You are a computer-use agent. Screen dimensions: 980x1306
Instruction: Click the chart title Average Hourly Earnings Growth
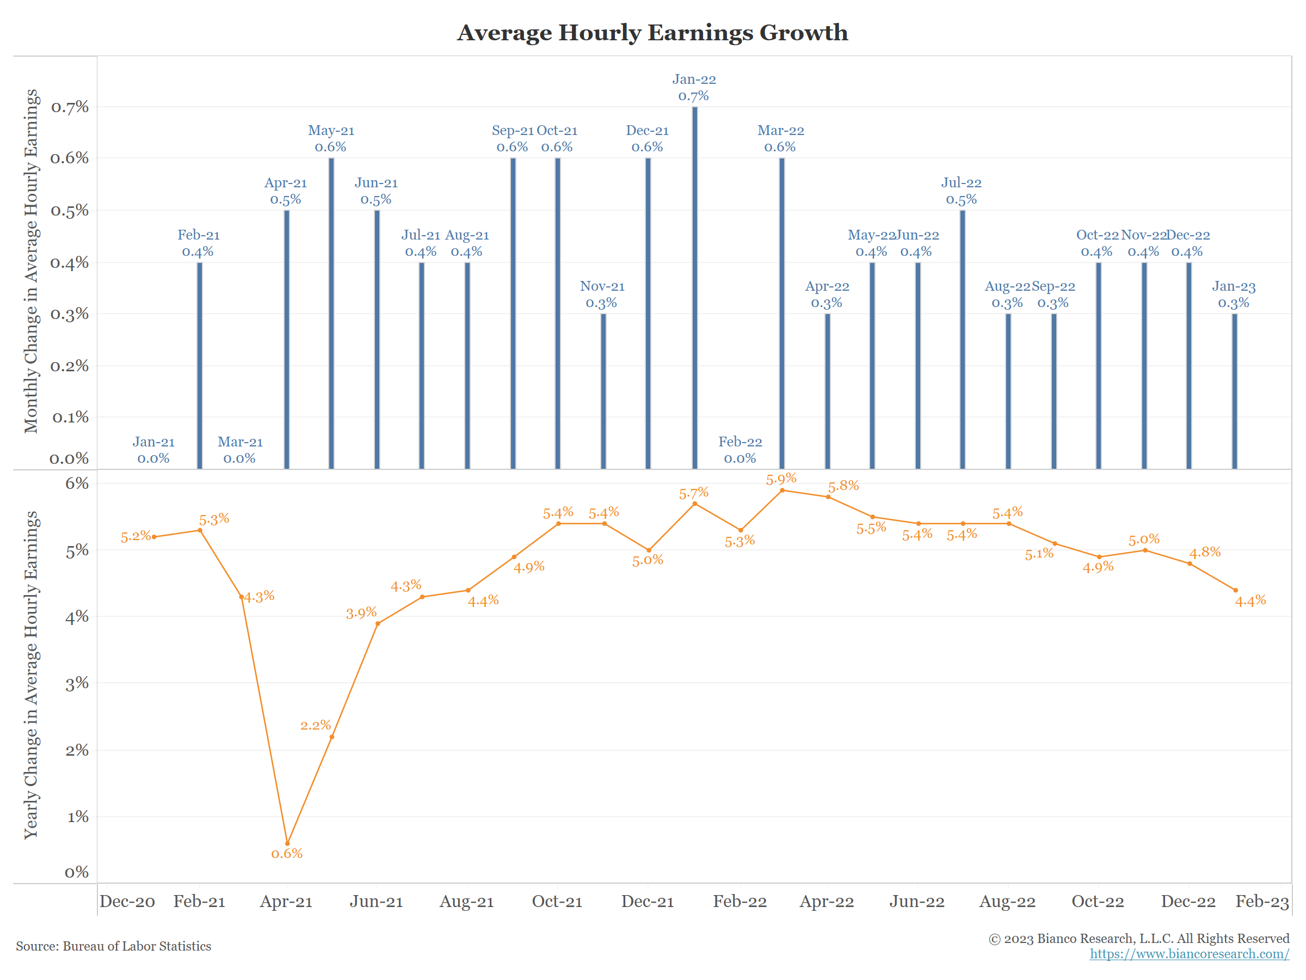coord(652,33)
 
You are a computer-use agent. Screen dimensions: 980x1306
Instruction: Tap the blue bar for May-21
coord(331,313)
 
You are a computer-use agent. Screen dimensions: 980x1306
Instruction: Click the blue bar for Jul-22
coord(963,340)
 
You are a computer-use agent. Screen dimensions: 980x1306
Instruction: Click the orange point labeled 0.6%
coord(287,843)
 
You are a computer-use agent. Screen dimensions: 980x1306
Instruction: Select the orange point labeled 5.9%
coord(783,491)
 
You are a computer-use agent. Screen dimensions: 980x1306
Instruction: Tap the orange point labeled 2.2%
coord(332,737)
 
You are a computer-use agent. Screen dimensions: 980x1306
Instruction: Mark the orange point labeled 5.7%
coord(695,504)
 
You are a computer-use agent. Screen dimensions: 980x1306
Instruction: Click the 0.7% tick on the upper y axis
coord(70,107)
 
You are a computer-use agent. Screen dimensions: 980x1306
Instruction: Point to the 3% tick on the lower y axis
coord(77,683)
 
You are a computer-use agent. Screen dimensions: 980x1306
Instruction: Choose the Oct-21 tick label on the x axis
coord(557,902)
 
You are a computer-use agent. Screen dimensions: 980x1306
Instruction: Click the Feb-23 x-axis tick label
coord(1262,902)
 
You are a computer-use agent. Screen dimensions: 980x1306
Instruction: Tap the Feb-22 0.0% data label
coord(740,450)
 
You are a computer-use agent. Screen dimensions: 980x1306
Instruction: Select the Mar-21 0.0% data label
coord(240,450)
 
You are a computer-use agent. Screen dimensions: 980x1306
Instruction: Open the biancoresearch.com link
coord(1189,953)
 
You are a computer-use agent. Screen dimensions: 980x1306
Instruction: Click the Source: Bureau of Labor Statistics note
coord(113,946)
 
